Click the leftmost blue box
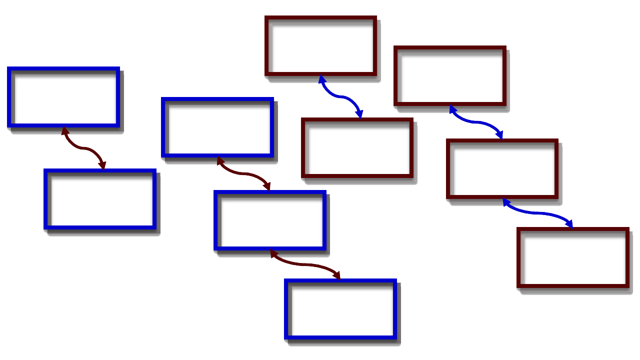63,97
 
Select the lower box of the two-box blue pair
100,199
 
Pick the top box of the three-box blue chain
217,127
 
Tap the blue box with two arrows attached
270,220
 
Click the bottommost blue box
340,309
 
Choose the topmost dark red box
320,46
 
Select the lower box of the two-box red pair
357,147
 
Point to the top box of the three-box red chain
450,76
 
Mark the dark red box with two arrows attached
502,169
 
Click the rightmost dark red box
573,258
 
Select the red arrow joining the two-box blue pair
83,148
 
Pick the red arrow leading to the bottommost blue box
305,264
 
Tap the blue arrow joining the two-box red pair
340,97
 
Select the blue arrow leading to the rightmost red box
537,213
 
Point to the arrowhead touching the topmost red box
322,79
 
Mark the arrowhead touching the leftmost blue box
64,130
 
